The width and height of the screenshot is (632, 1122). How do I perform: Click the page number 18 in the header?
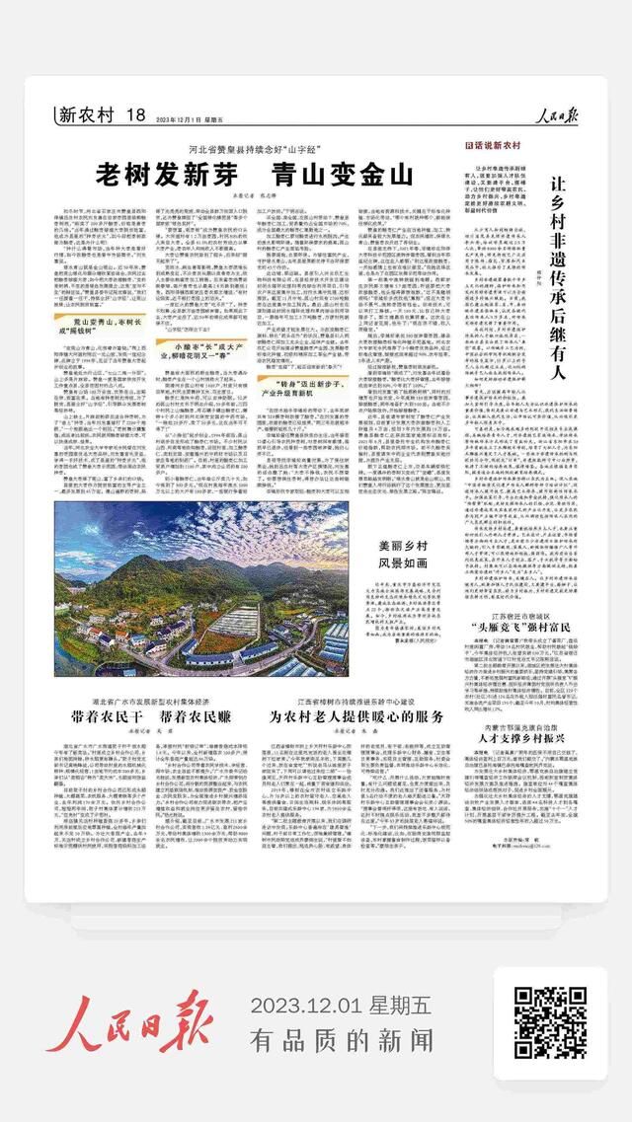(x=136, y=114)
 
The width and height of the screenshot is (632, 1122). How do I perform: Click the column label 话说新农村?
(x=493, y=145)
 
